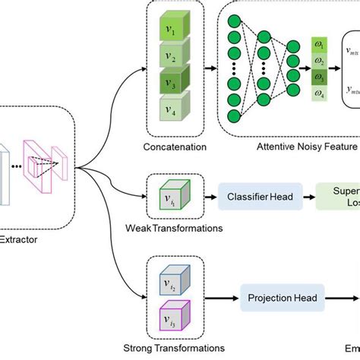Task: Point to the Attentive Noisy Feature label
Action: [295, 146]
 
